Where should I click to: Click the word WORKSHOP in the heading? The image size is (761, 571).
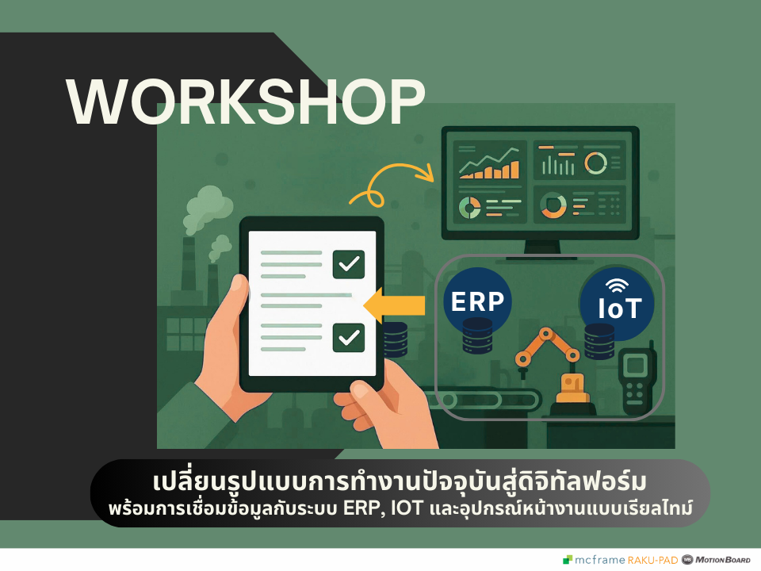point(246,102)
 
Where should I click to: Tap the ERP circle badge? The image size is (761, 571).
point(477,301)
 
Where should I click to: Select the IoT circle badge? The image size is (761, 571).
point(617,303)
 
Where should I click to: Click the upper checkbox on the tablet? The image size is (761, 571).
point(349,264)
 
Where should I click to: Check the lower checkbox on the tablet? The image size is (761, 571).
point(349,338)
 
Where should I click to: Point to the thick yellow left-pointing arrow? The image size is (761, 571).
point(394,305)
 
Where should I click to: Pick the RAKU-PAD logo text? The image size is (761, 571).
point(652,561)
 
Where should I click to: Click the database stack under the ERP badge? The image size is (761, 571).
point(477,335)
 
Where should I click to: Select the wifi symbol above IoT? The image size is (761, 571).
point(617,285)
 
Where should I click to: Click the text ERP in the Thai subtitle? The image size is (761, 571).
point(361,508)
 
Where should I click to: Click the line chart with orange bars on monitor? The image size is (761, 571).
point(490,164)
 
